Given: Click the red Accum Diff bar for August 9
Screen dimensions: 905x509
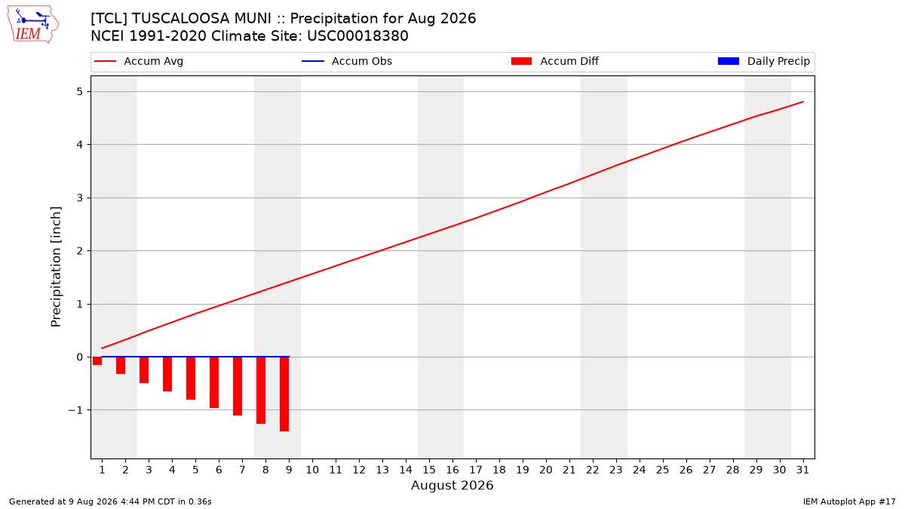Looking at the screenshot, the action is coord(284,394).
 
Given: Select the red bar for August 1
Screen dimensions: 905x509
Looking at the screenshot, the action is coord(97,360).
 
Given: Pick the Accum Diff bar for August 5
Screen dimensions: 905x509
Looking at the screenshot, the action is coord(191,378).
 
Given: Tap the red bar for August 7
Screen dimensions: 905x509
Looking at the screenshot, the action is coord(238,386).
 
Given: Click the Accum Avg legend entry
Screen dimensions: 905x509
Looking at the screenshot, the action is coord(139,61).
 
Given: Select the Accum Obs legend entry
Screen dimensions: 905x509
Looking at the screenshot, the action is coord(347,61).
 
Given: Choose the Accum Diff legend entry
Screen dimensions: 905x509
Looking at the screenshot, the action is coord(555,61).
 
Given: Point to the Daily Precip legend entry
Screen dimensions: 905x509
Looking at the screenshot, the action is coord(763,61).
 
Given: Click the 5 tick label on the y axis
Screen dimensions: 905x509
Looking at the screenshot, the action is coord(79,92).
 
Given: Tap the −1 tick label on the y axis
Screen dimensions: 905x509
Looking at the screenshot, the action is coord(75,410).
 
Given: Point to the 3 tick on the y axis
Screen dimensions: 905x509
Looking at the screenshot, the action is coord(79,198).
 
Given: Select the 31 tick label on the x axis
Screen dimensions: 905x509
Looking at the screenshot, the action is coord(802,470).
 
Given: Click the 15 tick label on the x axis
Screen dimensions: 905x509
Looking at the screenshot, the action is coord(429,470).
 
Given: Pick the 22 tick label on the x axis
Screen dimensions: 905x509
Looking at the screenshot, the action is coord(593,470).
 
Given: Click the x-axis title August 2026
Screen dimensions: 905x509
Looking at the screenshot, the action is coord(452,485).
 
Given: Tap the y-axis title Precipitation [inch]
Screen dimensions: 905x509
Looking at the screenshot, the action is coord(56,267).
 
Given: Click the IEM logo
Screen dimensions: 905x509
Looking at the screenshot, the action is coord(32,25).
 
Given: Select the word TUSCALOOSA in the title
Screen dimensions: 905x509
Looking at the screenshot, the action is coord(201,19).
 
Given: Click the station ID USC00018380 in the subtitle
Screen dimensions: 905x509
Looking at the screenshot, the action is coord(357,36).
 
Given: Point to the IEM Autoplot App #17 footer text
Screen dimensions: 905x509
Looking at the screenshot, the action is coord(849,501).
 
